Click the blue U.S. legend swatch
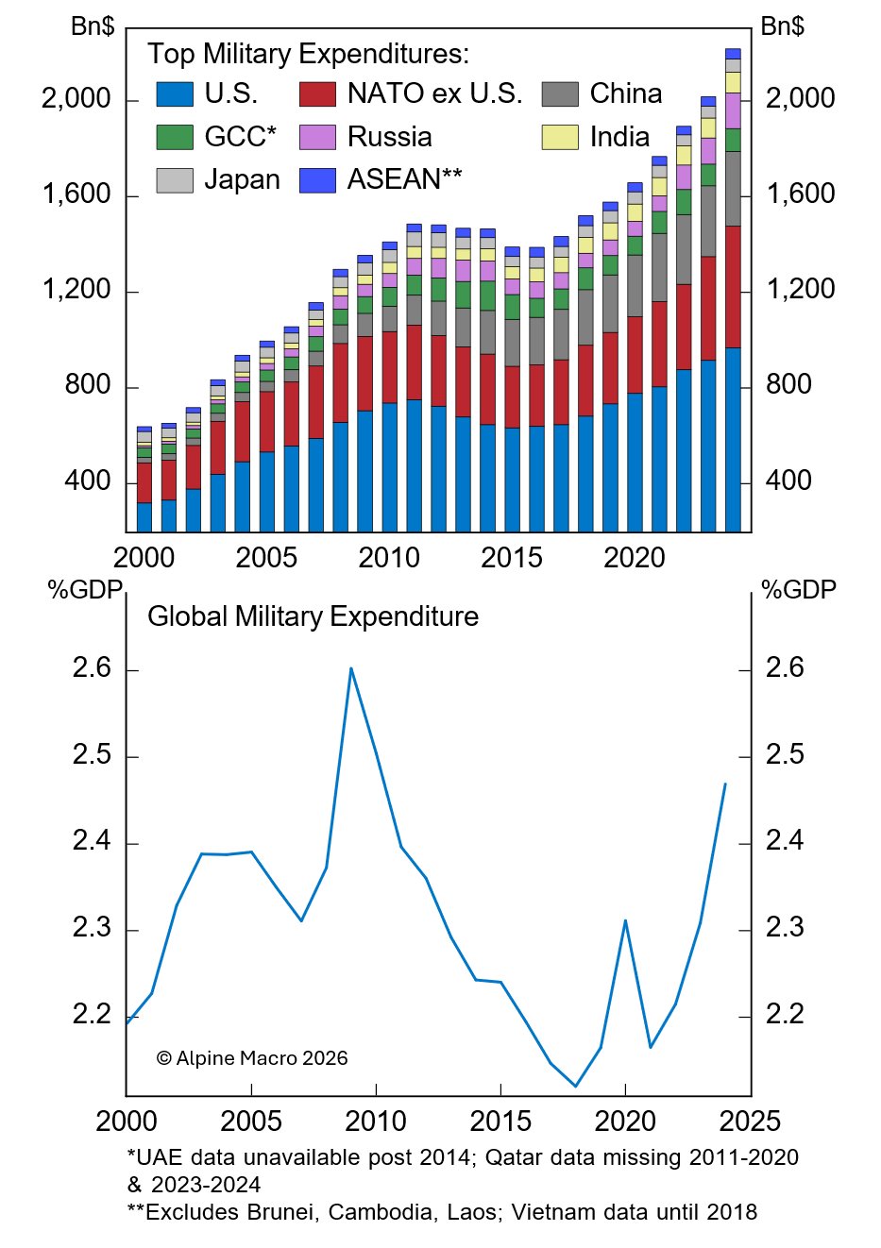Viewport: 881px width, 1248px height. pos(175,94)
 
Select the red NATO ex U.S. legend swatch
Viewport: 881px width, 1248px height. pos(317,94)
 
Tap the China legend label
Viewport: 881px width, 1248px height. pos(625,93)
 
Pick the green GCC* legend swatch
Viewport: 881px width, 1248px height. pos(175,137)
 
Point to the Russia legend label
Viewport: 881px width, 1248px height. pos(389,137)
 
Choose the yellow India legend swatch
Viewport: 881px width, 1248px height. pos(559,137)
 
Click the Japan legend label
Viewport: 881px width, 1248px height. pos(242,179)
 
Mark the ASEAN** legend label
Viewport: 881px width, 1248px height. pos(404,179)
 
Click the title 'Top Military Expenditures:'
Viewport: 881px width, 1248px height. pos(308,54)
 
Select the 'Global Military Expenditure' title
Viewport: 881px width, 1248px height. pos(313,616)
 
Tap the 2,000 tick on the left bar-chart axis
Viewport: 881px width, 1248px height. pos(76,98)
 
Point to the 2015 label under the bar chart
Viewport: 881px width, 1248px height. pos(511,558)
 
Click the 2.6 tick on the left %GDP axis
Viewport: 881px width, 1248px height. pos(92,668)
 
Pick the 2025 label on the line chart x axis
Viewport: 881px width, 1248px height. pos(750,1121)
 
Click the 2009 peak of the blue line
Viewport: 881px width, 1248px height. pos(351,668)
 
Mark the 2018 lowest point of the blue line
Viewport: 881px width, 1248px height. pos(576,1087)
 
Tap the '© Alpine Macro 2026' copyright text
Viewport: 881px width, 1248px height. pos(252,1058)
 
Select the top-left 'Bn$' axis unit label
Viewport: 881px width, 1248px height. pos(93,25)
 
